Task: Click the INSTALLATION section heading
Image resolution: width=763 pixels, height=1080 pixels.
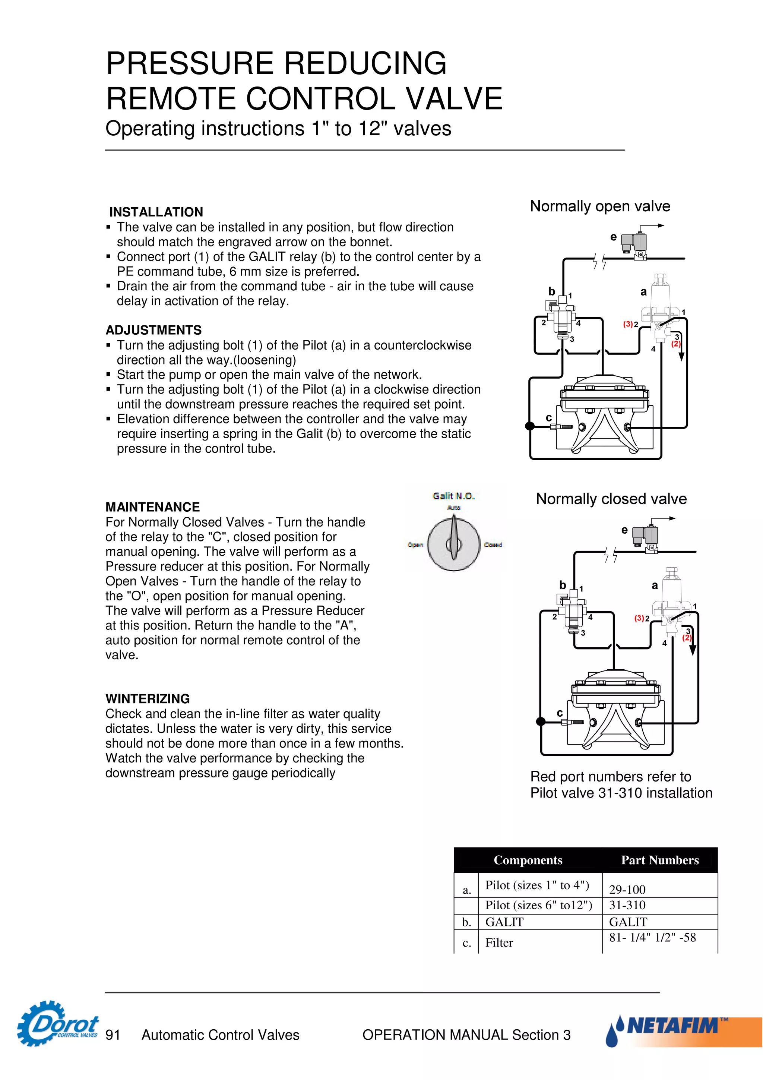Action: coord(156,212)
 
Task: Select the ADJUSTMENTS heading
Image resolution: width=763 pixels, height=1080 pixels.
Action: coord(154,330)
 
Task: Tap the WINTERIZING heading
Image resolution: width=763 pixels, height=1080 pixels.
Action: coord(148,698)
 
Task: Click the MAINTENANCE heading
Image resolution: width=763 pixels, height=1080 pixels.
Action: coord(153,507)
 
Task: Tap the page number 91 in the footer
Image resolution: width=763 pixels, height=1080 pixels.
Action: coord(113,1035)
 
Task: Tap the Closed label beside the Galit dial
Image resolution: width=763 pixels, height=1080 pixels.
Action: coord(493,545)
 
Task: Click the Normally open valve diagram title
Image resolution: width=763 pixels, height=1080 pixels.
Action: coord(600,206)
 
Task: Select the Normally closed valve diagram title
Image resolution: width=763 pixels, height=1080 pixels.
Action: coord(611,499)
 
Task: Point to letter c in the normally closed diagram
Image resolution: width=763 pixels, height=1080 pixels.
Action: coord(560,713)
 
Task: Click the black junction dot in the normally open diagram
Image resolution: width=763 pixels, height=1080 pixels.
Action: coord(530,426)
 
